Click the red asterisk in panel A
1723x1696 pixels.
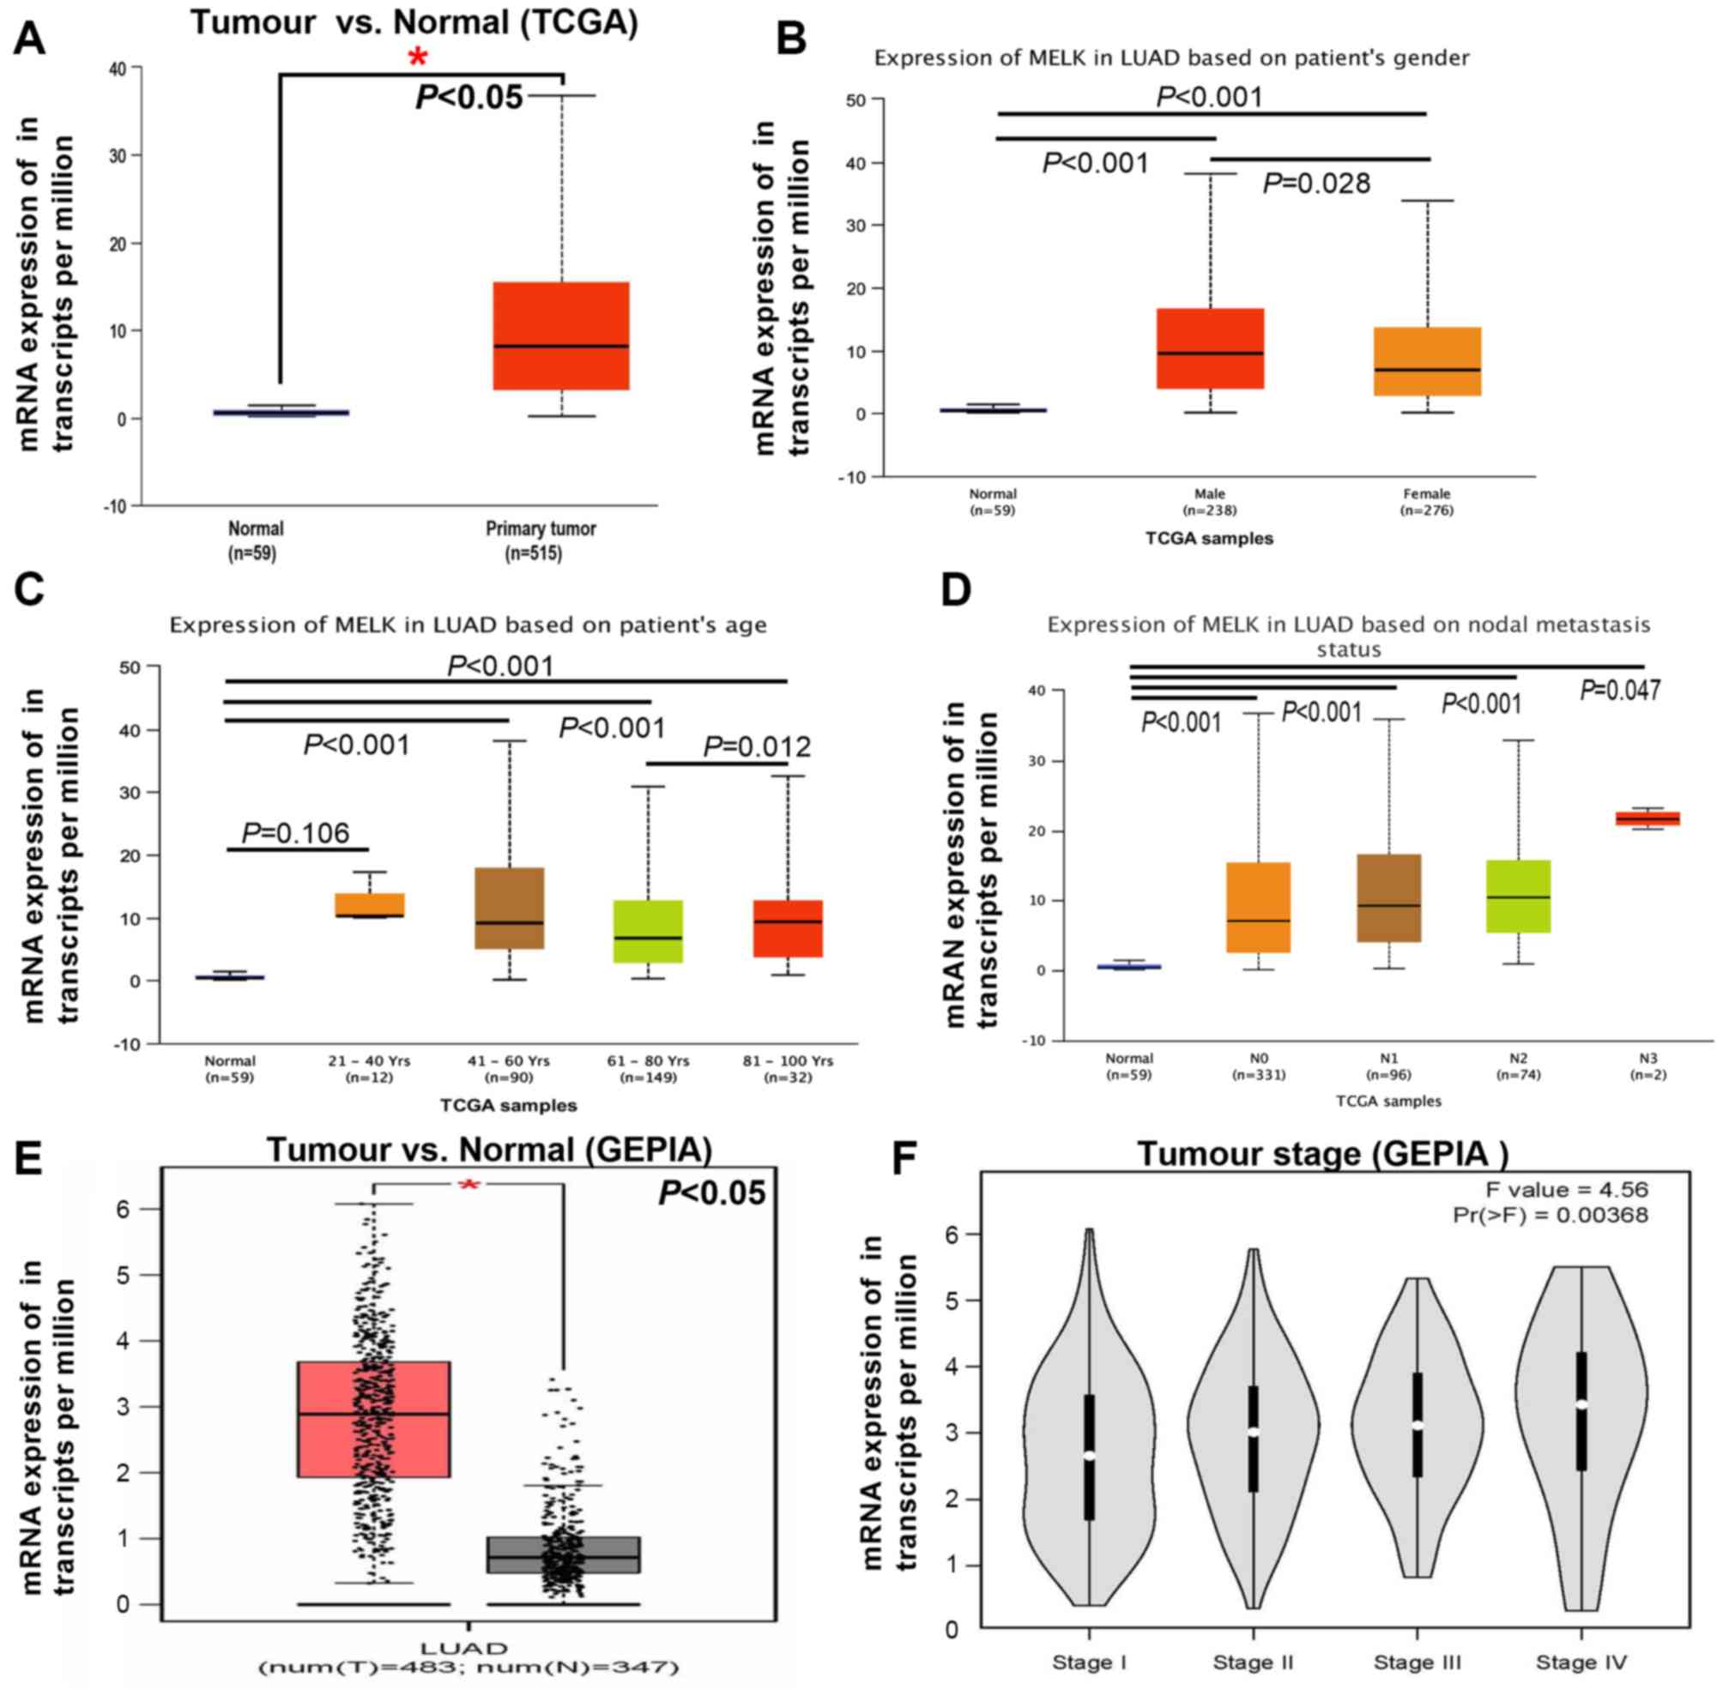(417, 59)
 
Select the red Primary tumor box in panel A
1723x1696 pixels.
(561, 335)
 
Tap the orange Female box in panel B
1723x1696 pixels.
(1426, 361)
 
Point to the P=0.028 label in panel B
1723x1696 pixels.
(1316, 184)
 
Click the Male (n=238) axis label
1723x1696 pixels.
(1209, 502)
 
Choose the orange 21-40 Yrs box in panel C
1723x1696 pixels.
(370, 904)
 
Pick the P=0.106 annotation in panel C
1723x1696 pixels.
(296, 833)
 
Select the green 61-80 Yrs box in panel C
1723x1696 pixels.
(648, 931)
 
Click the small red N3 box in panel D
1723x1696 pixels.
(1647, 818)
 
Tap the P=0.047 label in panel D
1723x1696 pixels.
(1620, 691)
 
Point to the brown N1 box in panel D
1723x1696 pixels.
(1388, 897)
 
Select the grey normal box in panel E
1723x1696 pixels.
(563, 1554)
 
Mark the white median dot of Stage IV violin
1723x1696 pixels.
(1581, 1404)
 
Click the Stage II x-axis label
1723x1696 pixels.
(1253, 1663)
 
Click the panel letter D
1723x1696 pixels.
(955, 591)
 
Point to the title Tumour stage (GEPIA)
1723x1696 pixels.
(1323, 1154)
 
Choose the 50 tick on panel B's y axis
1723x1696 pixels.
(855, 100)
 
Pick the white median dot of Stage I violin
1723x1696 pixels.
(1089, 1455)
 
